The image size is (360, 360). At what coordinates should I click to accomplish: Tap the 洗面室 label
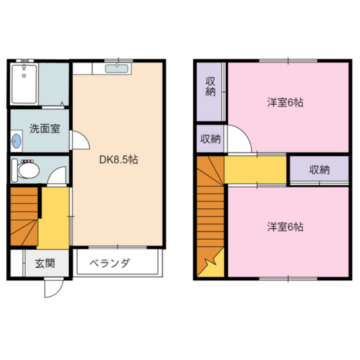click(x=45, y=129)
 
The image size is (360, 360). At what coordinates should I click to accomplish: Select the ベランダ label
click(x=110, y=264)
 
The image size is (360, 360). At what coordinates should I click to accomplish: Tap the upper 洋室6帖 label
click(x=285, y=102)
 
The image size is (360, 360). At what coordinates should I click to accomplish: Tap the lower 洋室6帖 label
click(x=285, y=226)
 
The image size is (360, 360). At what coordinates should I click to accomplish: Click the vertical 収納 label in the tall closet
click(x=210, y=87)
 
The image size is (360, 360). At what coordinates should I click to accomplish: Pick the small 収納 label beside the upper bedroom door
click(x=210, y=139)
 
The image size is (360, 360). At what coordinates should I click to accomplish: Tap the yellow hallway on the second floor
click(x=255, y=170)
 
